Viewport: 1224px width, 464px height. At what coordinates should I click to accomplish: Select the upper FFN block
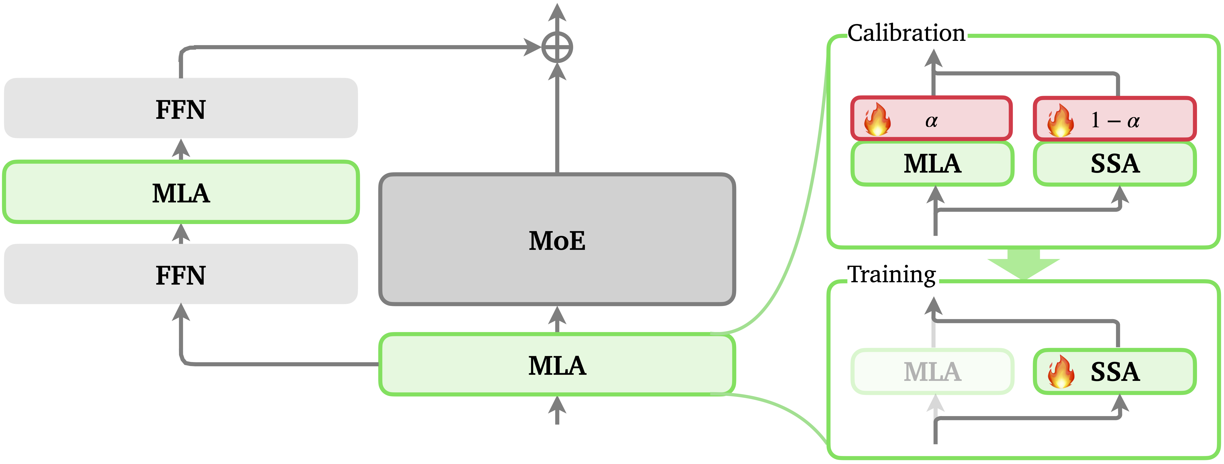click(x=181, y=108)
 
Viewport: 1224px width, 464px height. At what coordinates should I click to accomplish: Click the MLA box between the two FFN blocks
click(x=181, y=192)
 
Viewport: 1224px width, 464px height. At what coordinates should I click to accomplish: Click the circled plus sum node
click(x=557, y=47)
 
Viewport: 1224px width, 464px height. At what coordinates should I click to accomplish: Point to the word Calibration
click(x=906, y=33)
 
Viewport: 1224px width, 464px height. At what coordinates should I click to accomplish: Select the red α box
click(x=931, y=119)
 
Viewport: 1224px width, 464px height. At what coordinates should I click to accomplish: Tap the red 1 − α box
click(x=1115, y=119)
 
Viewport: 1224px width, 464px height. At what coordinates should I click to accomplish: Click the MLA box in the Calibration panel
click(x=932, y=163)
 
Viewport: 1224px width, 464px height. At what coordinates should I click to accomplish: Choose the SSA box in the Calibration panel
click(x=1115, y=163)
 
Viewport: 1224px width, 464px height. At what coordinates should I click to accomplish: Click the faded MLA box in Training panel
click(x=932, y=371)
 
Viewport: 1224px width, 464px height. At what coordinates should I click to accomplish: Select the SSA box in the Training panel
click(x=1115, y=371)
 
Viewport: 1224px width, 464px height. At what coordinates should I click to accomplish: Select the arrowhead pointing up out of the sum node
click(x=557, y=12)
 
